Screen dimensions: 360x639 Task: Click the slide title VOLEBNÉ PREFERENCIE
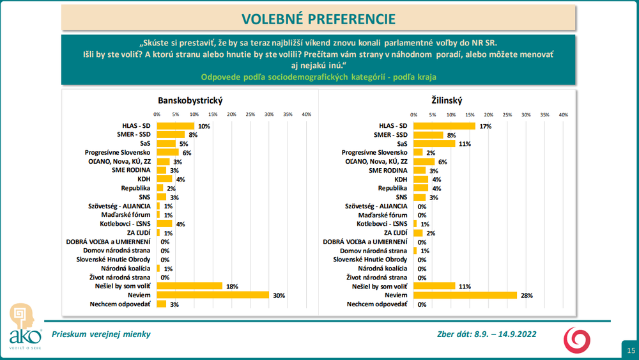pos(318,18)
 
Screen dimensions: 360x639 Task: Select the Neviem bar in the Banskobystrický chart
pos(213,295)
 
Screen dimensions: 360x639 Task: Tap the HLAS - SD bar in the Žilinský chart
pos(445,126)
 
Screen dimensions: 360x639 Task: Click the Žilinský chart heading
pos(447,100)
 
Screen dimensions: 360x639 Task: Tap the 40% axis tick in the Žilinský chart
pos(564,114)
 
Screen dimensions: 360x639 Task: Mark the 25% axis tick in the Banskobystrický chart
pos(250,114)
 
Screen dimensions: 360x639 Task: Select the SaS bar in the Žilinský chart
pos(434,144)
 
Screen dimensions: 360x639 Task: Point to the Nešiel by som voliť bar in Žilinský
pos(434,286)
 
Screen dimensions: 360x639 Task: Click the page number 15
pos(631,350)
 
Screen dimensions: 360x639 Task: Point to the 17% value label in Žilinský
pos(486,126)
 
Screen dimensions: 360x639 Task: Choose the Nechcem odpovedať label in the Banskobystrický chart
pos(121,304)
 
